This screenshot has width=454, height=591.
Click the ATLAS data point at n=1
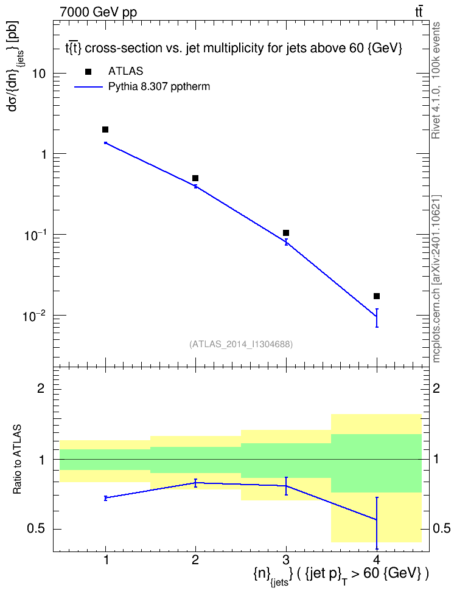point(105,130)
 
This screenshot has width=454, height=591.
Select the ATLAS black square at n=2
point(195,178)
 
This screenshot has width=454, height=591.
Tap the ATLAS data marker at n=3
point(286,233)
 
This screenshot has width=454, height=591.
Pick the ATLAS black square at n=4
point(377,296)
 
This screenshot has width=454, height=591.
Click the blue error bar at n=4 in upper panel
point(377,318)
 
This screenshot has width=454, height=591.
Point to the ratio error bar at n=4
point(377,523)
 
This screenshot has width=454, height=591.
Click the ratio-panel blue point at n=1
point(106,498)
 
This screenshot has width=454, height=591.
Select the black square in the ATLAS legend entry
point(88,72)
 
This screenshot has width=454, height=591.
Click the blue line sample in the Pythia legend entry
point(88,87)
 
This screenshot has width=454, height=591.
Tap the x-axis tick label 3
point(286,560)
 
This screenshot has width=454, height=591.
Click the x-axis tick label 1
point(106,560)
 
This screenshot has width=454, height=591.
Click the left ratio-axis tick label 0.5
point(37,529)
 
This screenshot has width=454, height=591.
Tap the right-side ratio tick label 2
point(436,388)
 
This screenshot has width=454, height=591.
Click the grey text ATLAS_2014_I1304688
point(241,344)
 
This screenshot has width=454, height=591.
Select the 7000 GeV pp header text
point(98,12)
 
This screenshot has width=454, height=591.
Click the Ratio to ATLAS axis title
point(17,460)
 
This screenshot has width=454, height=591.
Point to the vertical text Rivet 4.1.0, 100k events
point(436,81)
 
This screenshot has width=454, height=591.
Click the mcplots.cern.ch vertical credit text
point(436,278)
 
